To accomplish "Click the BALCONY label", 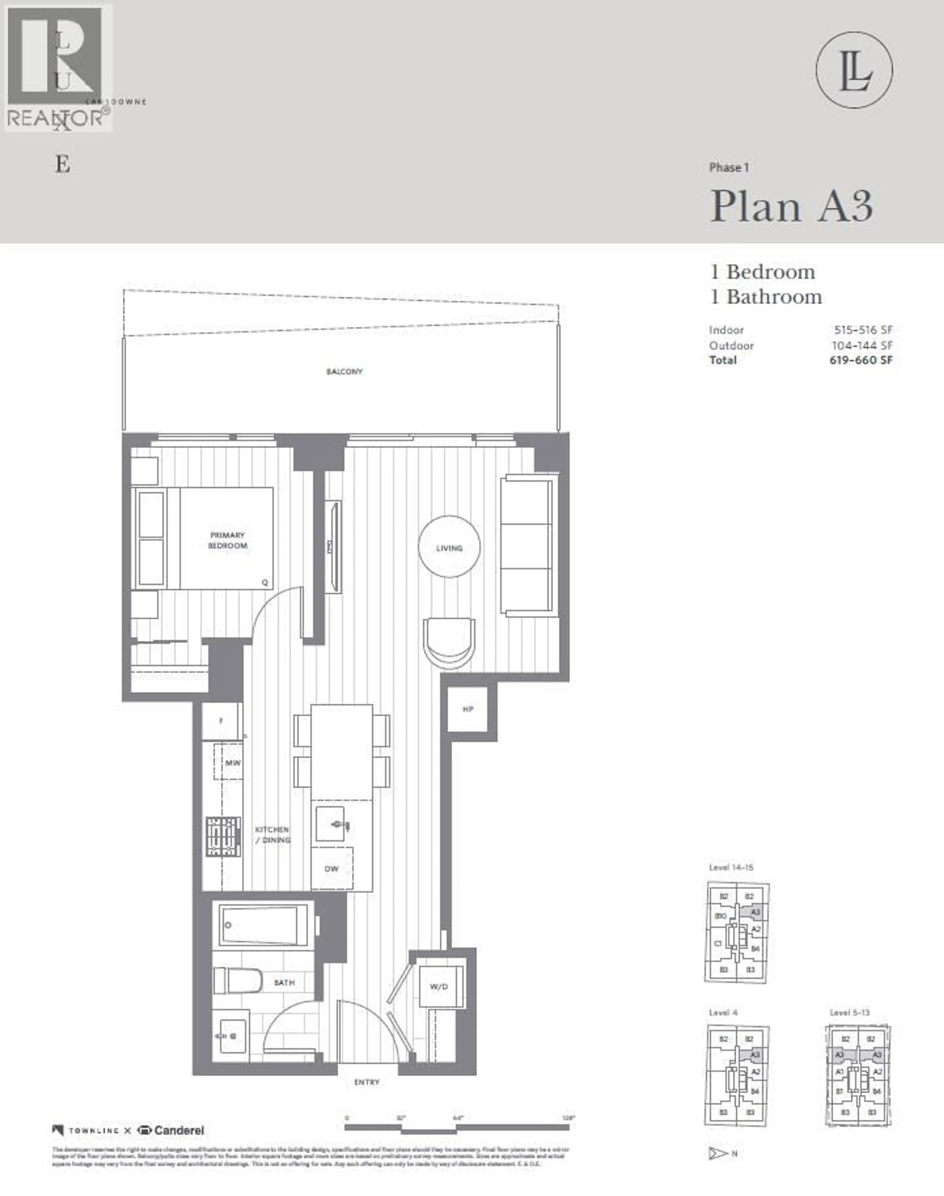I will (x=344, y=372).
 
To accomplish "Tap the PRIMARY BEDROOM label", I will (x=227, y=540).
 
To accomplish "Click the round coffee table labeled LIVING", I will (x=449, y=547).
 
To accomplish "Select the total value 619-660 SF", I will (x=861, y=360).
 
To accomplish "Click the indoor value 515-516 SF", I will (x=863, y=330).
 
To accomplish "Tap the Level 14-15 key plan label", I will (x=731, y=867).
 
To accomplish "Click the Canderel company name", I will (x=178, y=1130).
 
